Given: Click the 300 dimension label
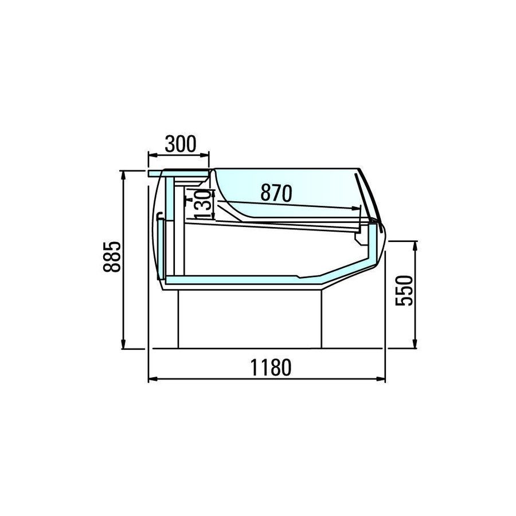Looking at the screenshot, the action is [x=181, y=144].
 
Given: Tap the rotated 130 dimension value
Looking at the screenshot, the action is [x=202, y=204].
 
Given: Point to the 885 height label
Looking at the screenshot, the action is [x=112, y=257].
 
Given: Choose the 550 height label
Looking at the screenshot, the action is [x=404, y=291].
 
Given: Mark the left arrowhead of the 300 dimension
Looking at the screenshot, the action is [x=152, y=155].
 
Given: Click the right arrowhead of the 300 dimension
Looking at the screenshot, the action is [x=205, y=155].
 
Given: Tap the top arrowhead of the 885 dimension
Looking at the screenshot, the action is [x=123, y=175].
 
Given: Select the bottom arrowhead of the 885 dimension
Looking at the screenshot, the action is [x=123, y=345].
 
